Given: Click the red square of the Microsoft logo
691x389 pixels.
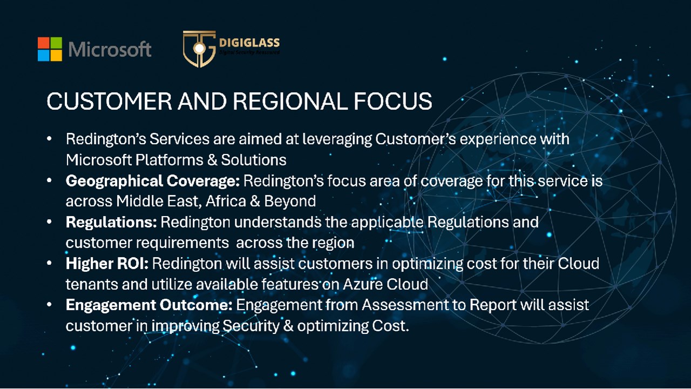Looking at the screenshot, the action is [44, 43].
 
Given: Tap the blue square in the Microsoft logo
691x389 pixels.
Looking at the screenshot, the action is [44, 56].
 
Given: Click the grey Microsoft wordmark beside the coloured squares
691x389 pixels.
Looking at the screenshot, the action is [110, 49].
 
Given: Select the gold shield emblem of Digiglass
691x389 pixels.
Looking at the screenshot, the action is [199, 49].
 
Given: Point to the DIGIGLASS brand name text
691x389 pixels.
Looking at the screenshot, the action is [249, 43].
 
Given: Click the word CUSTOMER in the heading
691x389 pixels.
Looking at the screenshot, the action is [109, 101].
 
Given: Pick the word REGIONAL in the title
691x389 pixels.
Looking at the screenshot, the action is [291, 101].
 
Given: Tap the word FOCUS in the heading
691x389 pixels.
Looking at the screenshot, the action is [393, 101].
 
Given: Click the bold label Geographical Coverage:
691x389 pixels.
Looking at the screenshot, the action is [153, 181].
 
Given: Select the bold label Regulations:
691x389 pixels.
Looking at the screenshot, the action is [111, 222].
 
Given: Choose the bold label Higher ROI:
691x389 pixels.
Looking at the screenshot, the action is [107, 264].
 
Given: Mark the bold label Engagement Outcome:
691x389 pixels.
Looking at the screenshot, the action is [149, 305].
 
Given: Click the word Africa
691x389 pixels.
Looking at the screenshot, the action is [226, 202].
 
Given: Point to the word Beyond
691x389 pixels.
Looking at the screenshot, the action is [290, 202].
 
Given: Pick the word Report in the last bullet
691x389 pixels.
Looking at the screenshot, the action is [493, 305].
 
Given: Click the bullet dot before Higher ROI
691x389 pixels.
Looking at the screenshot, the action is [49, 263].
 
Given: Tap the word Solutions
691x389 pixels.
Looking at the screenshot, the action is [254, 160].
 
